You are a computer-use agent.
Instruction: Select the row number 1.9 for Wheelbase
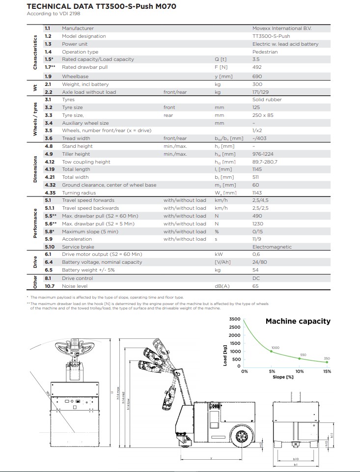[48, 76]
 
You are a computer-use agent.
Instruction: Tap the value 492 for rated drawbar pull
[257, 67]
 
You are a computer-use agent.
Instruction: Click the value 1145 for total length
[257, 169]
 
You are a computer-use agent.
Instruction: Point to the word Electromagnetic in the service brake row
[272, 247]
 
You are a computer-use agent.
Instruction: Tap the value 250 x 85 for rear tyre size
[262, 115]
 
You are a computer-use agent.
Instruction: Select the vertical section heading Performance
[35, 223]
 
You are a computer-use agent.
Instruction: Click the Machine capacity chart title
[298, 321]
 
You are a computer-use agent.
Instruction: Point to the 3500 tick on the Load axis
[235, 319]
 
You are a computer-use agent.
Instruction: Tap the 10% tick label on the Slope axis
[299, 371]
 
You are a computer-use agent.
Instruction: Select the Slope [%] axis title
[283, 377]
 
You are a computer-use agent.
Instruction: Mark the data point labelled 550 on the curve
[299, 359]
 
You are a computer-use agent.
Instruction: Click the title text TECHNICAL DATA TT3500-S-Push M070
[102, 6]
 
